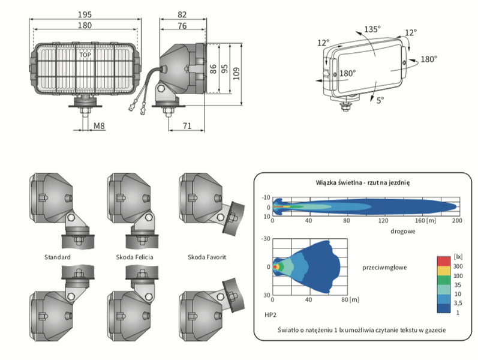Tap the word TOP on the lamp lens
(x=86, y=55)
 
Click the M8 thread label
(x=100, y=126)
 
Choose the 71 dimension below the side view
(x=187, y=126)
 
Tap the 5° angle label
(x=380, y=100)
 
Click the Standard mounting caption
(x=58, y=257)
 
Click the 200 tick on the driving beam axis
(x=458, y=220)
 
